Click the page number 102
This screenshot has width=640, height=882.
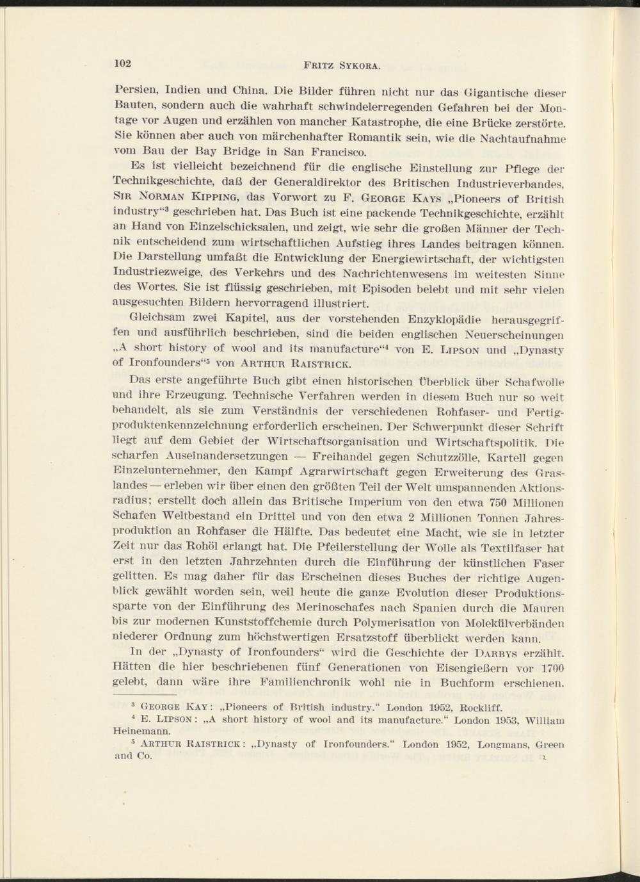(x=122, y=63)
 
